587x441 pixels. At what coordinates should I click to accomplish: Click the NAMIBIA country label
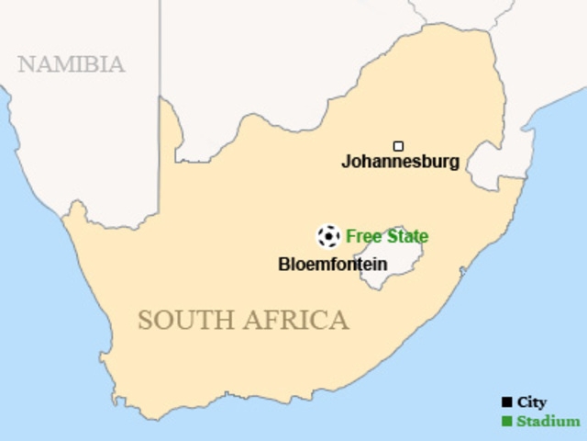(71, 64)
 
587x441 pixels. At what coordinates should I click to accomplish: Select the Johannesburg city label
(400, 163)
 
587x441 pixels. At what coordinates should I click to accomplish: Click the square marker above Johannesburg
(398, 146)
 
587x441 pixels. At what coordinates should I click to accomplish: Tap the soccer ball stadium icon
(327, 236)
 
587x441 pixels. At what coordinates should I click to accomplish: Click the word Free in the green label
(361, 236)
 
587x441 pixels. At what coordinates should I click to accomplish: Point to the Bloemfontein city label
(332, 265)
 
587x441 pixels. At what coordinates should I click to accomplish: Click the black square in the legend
(506, 402)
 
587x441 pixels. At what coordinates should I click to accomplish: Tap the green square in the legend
(506, 422)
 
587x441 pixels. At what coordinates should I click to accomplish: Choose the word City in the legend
(532, 402)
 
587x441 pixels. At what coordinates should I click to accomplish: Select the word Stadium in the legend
(548, 422)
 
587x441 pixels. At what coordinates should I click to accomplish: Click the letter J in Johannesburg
(347, 163)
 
